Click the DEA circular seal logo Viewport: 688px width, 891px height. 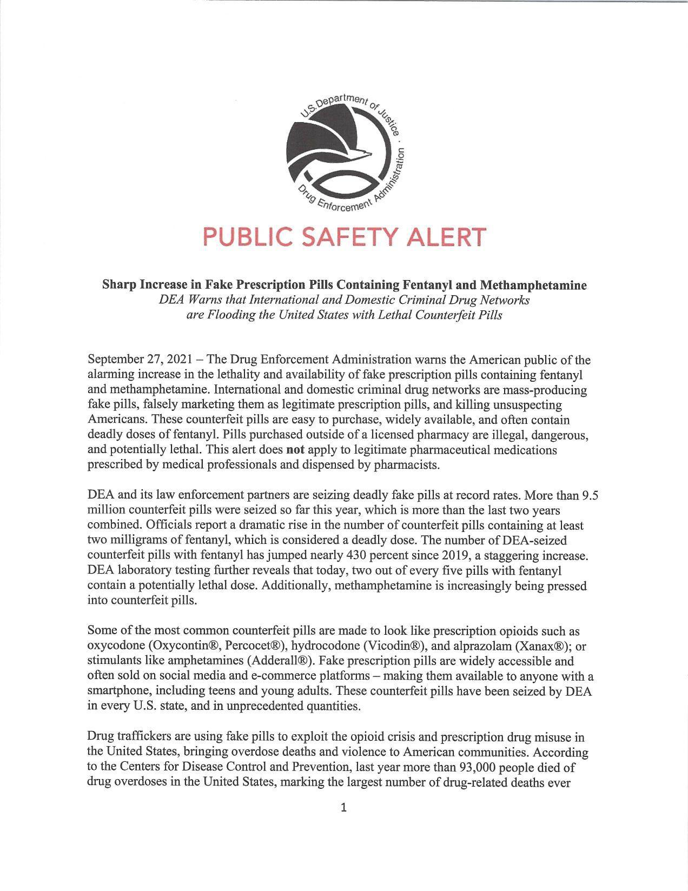pos(344,152)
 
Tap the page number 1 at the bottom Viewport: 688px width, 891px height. pos(344,808)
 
